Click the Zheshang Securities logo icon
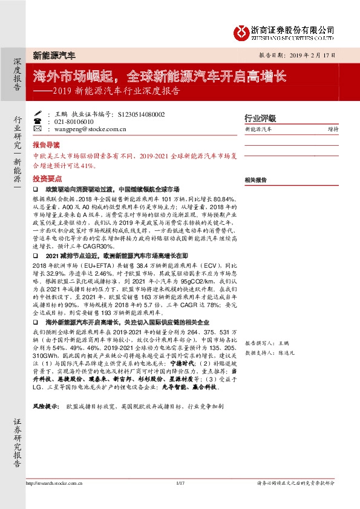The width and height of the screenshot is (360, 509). [x=242, y=32]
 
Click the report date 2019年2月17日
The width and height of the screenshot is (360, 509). [x=301, y=54]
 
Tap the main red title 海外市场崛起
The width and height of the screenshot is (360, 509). [x=77, y=77]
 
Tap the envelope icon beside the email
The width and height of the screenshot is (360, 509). [x=38, y=129]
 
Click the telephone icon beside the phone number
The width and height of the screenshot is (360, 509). [x=38, y=121]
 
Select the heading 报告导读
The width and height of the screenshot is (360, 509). [x=46, y=145]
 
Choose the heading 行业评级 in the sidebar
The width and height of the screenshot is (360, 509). [x=260, y=118]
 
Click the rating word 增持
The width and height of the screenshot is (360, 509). [x=333, y=129]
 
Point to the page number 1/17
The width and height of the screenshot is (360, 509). [x=179, y=482]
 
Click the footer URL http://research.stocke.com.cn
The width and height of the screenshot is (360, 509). [x=53, y=482]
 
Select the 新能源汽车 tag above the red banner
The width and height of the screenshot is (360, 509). [x=54, y=55]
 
